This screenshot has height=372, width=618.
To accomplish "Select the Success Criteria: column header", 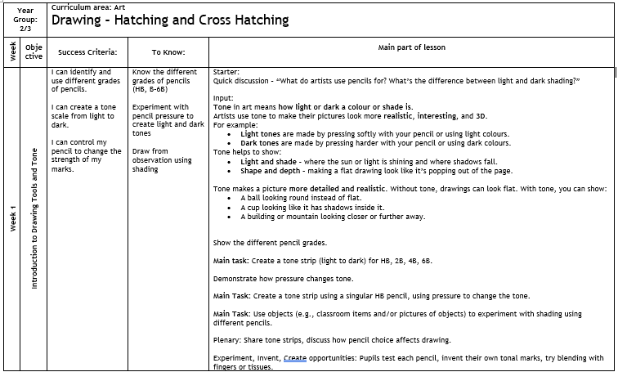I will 87,52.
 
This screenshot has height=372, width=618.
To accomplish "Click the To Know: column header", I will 168,52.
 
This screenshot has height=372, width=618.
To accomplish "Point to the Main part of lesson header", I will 412,47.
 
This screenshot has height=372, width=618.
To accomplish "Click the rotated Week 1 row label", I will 13,217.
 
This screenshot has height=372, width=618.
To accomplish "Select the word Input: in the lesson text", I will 223,98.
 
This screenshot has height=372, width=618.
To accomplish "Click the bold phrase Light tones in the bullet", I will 261,133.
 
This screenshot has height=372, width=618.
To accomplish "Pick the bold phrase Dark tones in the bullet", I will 260,142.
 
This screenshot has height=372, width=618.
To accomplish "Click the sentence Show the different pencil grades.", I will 269,243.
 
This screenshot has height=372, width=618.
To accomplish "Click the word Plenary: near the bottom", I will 228,339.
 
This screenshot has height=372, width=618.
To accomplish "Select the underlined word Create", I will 295,357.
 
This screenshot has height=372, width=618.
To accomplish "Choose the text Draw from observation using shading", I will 162,160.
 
